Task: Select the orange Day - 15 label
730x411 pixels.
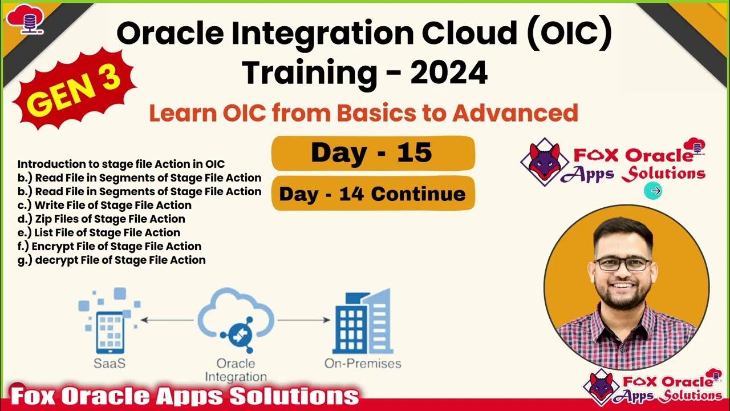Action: (x=372, y=153)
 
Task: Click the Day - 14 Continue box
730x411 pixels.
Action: (x=372, y=194)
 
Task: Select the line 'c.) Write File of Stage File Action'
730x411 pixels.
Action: (x=104, y=205)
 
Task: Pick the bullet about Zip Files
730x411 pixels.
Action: (x=102, y=219)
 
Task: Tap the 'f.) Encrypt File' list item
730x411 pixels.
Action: (x=109, y=246)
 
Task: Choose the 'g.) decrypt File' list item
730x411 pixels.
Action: (x=112, y=260)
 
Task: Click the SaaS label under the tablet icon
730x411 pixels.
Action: (x=110, y=364)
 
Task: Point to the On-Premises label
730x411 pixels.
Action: (x=362, y=364)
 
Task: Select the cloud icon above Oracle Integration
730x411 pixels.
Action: (x=236, y=320)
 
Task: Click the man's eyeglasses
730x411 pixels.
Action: (x=622, y=264)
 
